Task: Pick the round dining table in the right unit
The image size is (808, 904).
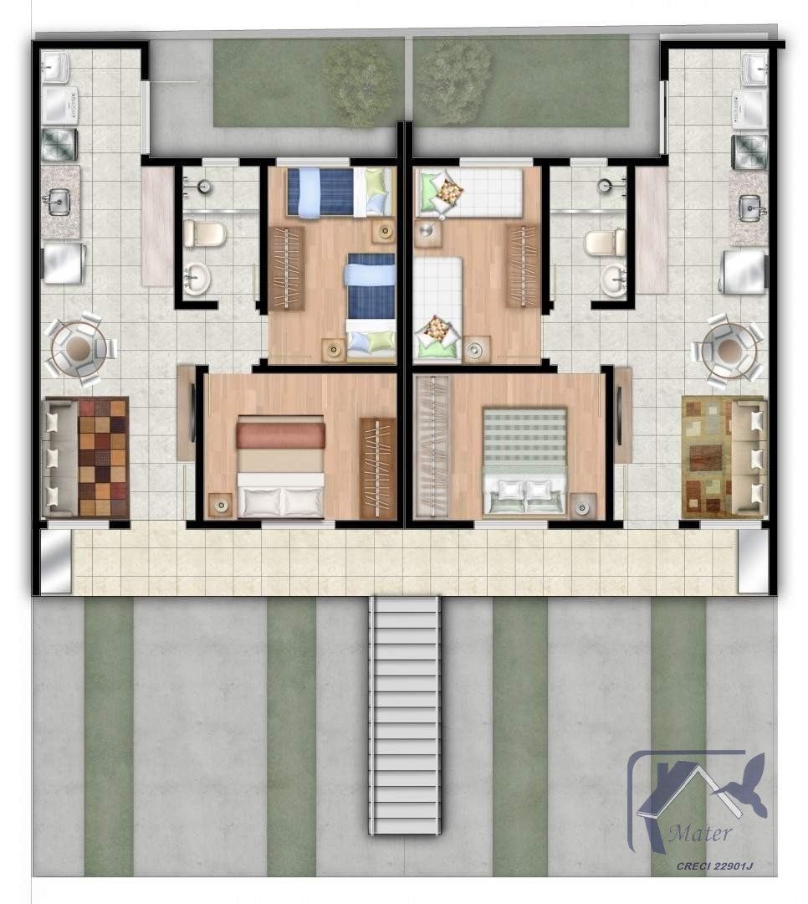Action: coord(729,347)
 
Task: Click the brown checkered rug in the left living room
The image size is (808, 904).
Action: coord(103,456)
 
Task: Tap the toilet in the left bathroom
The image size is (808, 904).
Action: coord(202,234)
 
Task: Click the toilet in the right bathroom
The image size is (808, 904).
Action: coord(605,243)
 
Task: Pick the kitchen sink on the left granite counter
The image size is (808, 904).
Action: coord(59,202)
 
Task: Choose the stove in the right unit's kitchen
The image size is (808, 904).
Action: coord(749,152)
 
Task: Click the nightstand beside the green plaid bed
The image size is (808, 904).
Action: coord(583,505)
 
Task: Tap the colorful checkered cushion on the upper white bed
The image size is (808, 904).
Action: coord(447,191)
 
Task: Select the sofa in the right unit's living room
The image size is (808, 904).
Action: coord(749,456)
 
